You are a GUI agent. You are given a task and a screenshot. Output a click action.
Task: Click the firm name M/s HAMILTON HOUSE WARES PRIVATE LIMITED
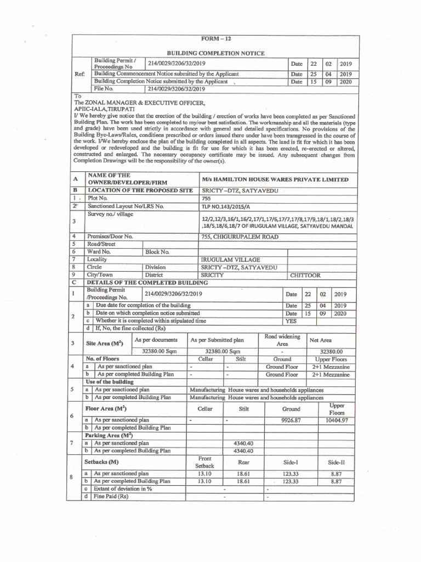coord(274,179)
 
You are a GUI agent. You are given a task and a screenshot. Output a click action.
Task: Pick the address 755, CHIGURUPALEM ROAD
coord(240,237)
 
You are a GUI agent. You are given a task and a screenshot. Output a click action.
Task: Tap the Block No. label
coord(157,252)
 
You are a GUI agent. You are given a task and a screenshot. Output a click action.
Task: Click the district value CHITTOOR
coord(305,276)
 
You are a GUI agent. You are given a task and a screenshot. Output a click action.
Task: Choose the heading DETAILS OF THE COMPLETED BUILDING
coord(144,283)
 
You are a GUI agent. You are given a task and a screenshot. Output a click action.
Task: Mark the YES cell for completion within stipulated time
coord(291,321)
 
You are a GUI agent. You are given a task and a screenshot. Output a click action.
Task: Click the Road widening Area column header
coord(282,340)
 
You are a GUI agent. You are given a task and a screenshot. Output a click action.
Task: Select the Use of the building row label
coord(110,381)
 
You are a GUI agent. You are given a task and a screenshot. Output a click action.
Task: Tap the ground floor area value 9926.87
coord(291,420)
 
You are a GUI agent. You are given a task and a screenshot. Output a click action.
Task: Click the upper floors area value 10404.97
coord(337,420)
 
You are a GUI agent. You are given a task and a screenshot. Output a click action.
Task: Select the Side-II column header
coord(337,463)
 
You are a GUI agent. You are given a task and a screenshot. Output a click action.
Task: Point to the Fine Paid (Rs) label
coord(111,496)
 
